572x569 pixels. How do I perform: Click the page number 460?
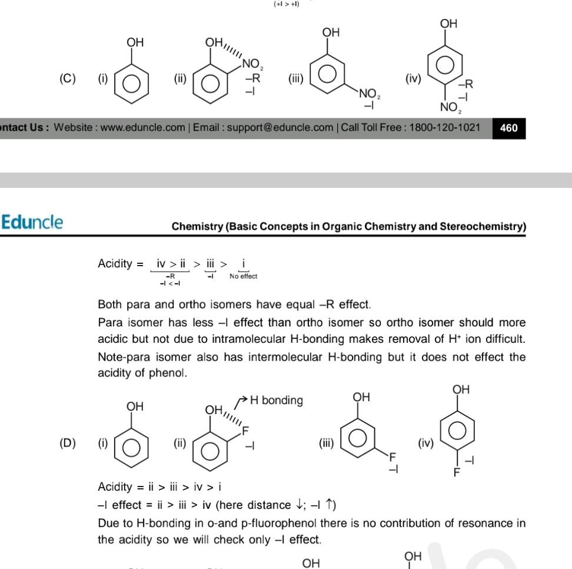click(508, 128)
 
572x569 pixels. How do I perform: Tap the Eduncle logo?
click(32, 222)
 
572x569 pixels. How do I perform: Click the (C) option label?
click(68, 78)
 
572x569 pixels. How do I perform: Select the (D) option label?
click(68, 443)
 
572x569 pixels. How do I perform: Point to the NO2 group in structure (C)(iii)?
click(370, 94)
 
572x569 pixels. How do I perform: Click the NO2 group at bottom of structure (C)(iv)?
click(450, 107)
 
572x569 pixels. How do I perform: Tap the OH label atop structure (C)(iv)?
click(448, 24)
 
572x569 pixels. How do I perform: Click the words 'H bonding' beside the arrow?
click(276, 401)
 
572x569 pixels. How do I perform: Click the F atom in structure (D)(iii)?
click(393, 456)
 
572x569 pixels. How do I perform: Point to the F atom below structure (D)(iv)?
click(457, 472)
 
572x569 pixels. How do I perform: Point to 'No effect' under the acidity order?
click(243, 276)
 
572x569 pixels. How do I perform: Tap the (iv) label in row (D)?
click(425, 443)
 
